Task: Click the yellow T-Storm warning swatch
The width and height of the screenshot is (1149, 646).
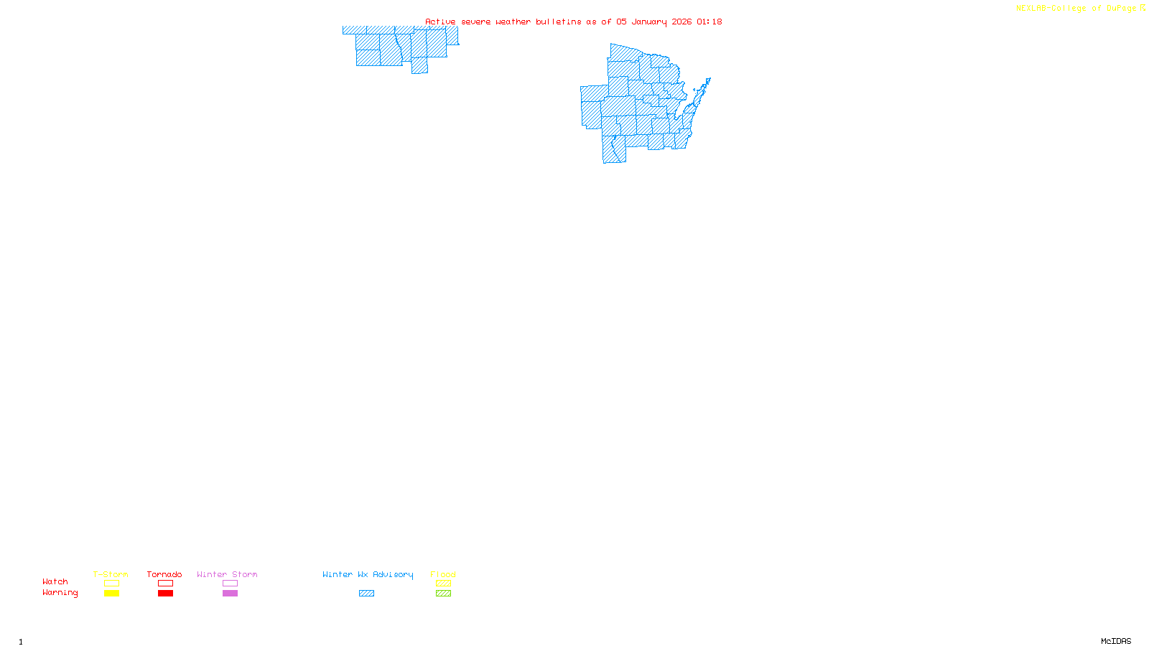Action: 111,594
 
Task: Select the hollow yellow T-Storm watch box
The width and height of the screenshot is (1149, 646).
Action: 111,584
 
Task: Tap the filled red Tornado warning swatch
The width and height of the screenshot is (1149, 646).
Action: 165,594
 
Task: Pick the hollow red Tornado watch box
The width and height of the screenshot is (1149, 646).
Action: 165,584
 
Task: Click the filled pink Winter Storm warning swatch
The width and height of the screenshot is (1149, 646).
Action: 230,594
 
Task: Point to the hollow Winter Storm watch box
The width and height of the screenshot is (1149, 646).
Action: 230,584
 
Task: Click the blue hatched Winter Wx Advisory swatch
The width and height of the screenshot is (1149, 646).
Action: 366,594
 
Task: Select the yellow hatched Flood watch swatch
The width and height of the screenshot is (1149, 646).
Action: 443,584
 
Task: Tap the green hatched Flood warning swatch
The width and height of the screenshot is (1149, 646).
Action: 443,594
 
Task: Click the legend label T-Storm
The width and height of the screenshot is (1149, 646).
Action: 111,574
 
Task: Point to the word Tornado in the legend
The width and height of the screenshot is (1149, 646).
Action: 164,574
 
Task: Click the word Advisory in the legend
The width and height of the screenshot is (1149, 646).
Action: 393,574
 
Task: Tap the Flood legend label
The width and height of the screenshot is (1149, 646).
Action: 443,574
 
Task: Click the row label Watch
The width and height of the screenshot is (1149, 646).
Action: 55,582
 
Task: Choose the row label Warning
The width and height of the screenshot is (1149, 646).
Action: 60,593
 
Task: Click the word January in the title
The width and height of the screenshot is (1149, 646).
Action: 649,22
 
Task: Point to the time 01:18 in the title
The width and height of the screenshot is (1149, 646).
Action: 710,22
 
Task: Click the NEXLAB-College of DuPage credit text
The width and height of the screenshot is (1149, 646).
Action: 1076,8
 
